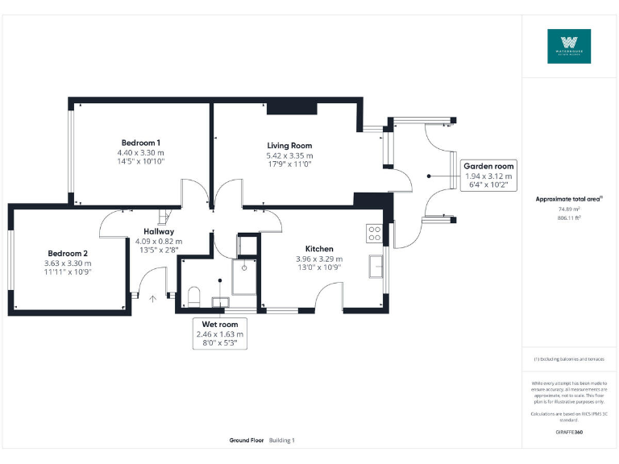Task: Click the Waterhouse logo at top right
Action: (569, 47)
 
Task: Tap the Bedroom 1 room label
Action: (140, 143)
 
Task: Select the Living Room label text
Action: (289, 146)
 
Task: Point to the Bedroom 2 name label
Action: (69, 252)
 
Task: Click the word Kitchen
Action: (319, 249)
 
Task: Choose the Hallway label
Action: (159, 231)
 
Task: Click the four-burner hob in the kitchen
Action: (375, 233)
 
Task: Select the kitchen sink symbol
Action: (376, 265)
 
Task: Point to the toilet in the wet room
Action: (193, 298)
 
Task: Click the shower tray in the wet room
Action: (245, 275)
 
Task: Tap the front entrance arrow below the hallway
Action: (153, 298)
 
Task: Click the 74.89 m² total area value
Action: (569, 209)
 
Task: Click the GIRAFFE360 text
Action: (569, 433)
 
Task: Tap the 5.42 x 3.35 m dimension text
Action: (289, 155)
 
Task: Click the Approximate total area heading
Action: (569, 198)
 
